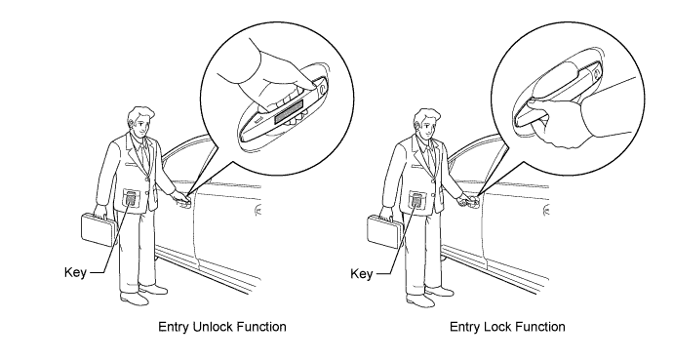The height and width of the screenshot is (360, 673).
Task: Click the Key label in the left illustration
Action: pos(75,272)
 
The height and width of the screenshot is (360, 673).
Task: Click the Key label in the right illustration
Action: pos(362,274)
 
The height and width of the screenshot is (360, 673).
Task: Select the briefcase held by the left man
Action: pos(99,229)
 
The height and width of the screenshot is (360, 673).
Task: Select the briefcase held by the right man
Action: pos(385,231)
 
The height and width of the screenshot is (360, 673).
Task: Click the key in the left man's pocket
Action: pos(132,198)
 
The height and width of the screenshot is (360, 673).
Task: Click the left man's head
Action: pos(140,123)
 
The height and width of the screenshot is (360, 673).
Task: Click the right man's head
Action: pos(426,124)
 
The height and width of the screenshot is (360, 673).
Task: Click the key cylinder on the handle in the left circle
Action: pos(322,89)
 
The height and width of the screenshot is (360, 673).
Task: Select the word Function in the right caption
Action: pos(536,327)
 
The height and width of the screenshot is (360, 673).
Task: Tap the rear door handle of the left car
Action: pos(257,211)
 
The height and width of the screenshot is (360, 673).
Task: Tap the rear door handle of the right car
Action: pos(546,211)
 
